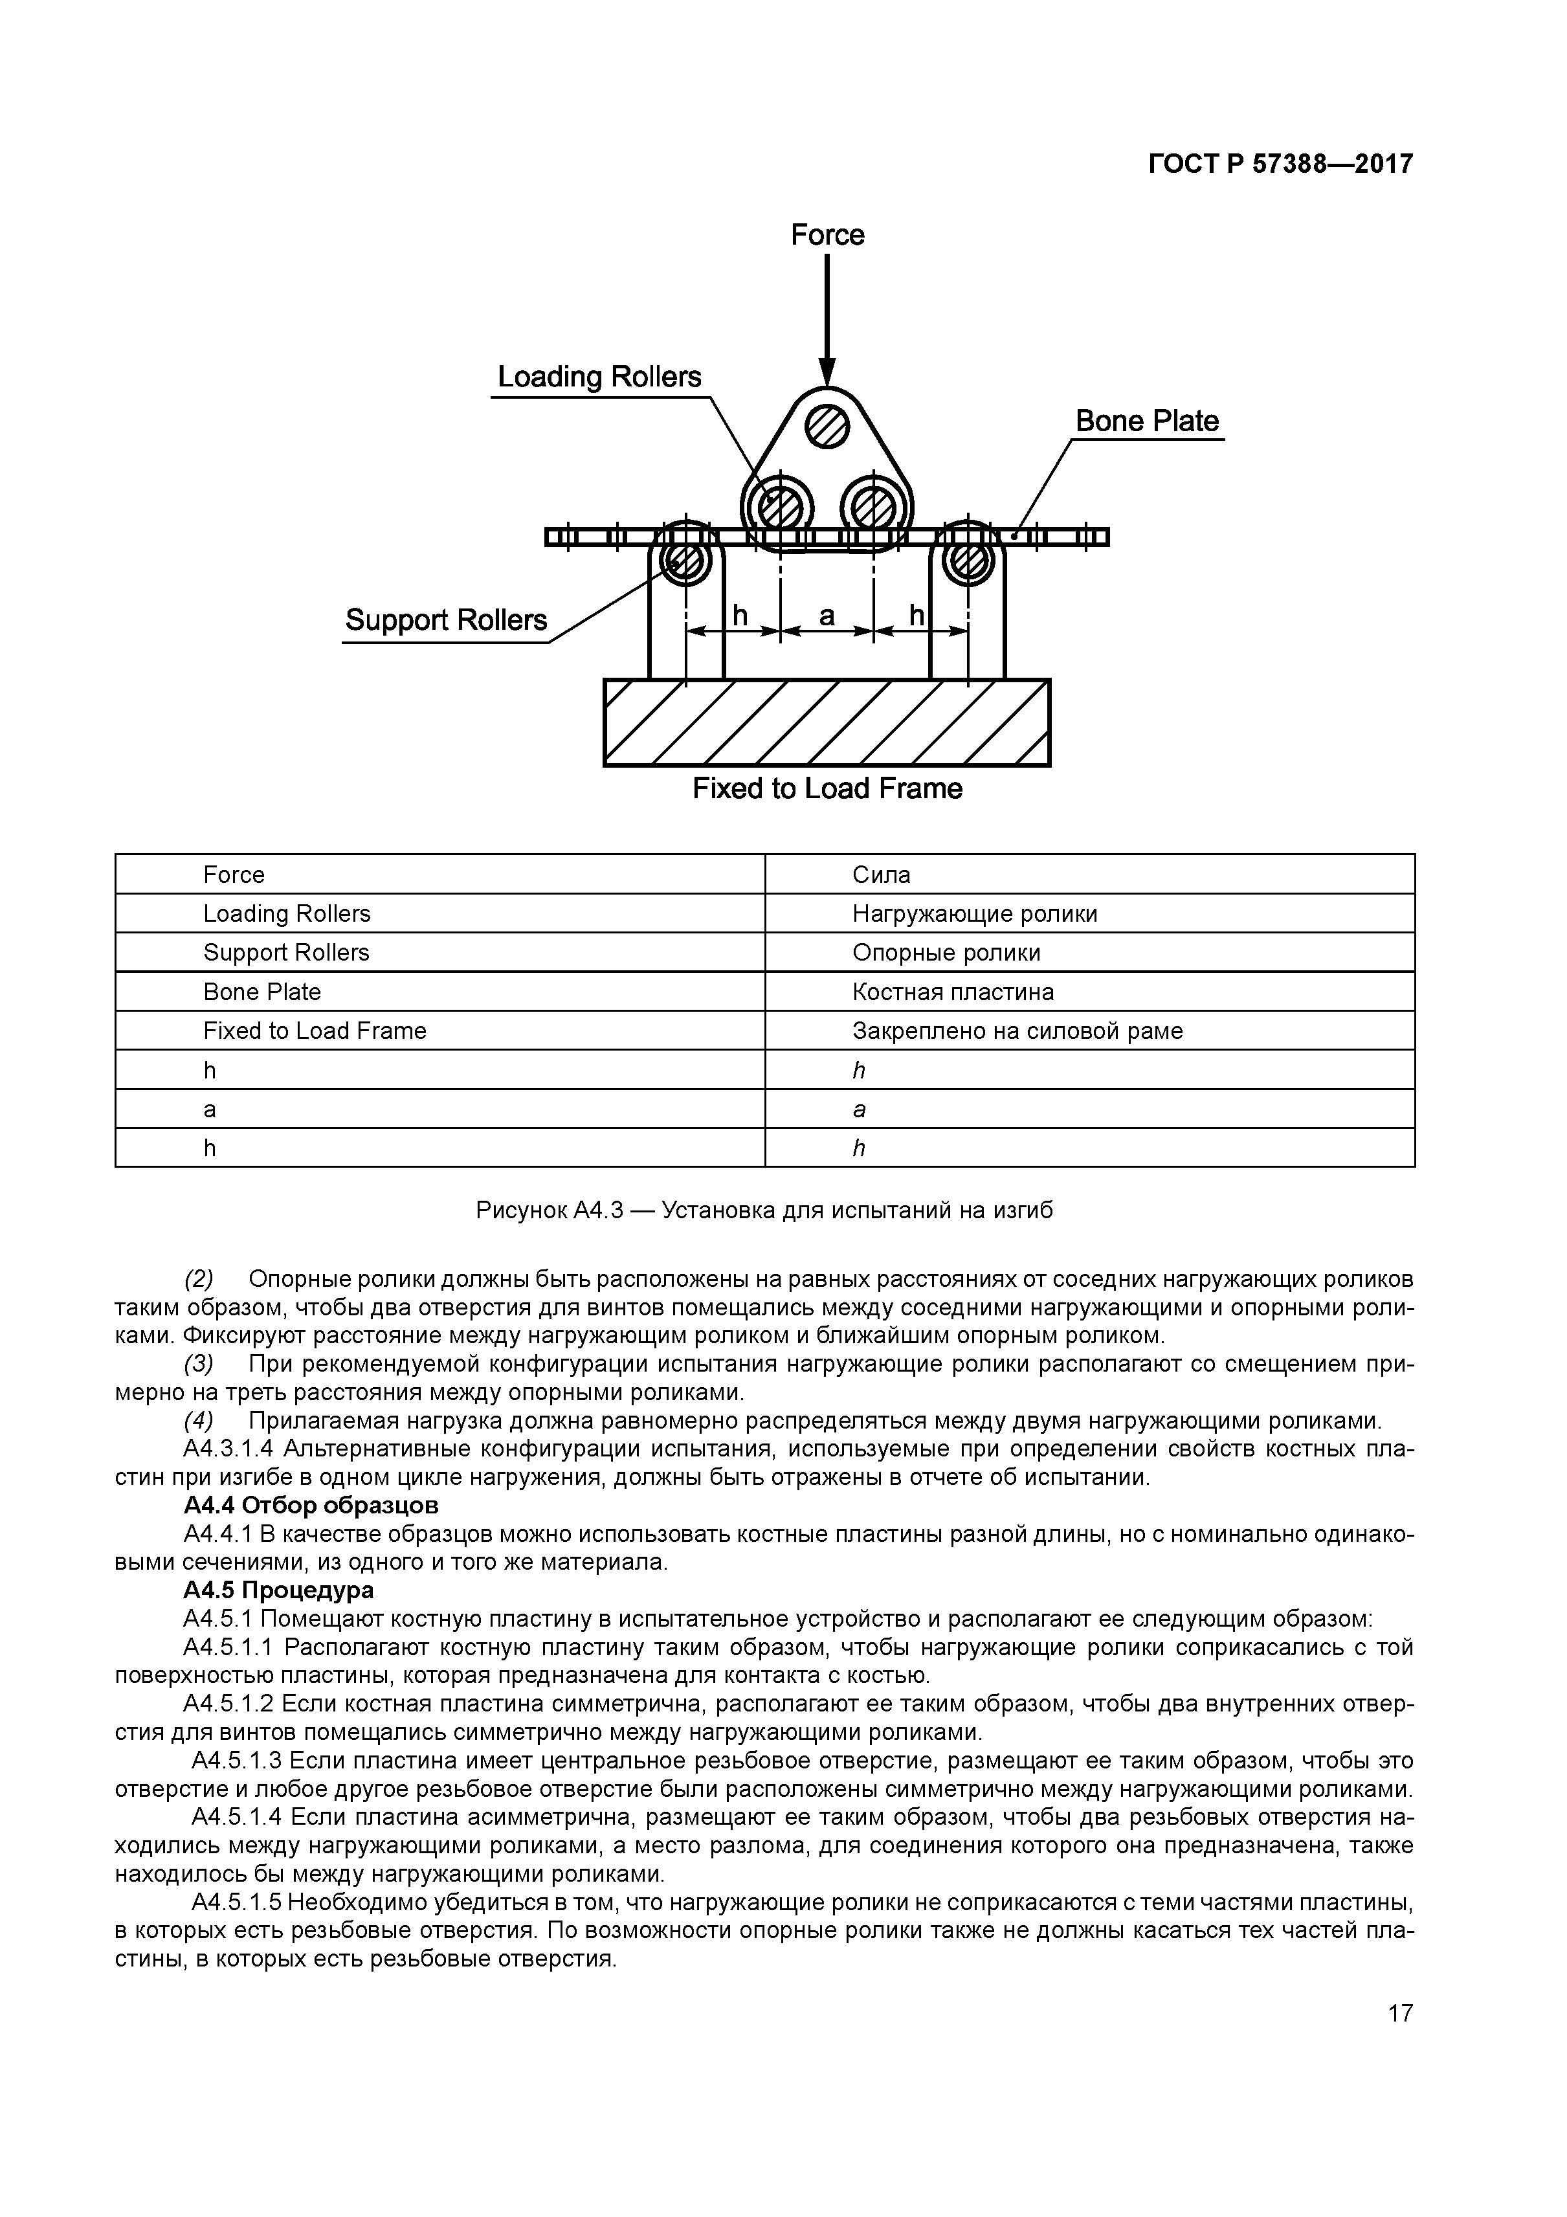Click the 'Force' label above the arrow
(x=827, y=234)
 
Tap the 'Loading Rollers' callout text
(x=599, y=377)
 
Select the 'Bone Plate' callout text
(x=1147, y=421)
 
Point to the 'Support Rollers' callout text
(x=446, y=620)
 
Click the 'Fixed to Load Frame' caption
(x=827, y=789)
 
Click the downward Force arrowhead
(x=827, y=372)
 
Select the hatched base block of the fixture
(x=827, y=722)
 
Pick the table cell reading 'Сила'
(x=882, y=875)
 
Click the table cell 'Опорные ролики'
(x=946, y=953)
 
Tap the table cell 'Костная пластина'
(x=953, y=992)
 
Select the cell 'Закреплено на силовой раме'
(x=1017, y=1031)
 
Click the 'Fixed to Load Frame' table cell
(x=315, y=1031)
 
